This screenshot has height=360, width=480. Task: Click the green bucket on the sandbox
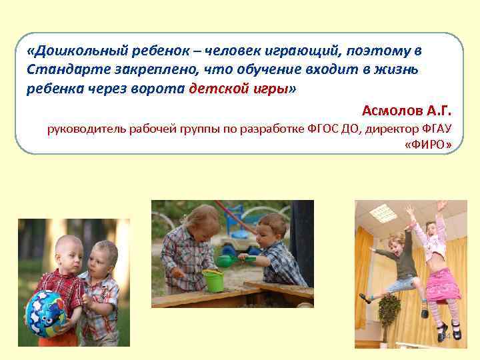click(x=213, y=281)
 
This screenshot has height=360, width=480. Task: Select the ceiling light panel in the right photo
click(x=383, y=213)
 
